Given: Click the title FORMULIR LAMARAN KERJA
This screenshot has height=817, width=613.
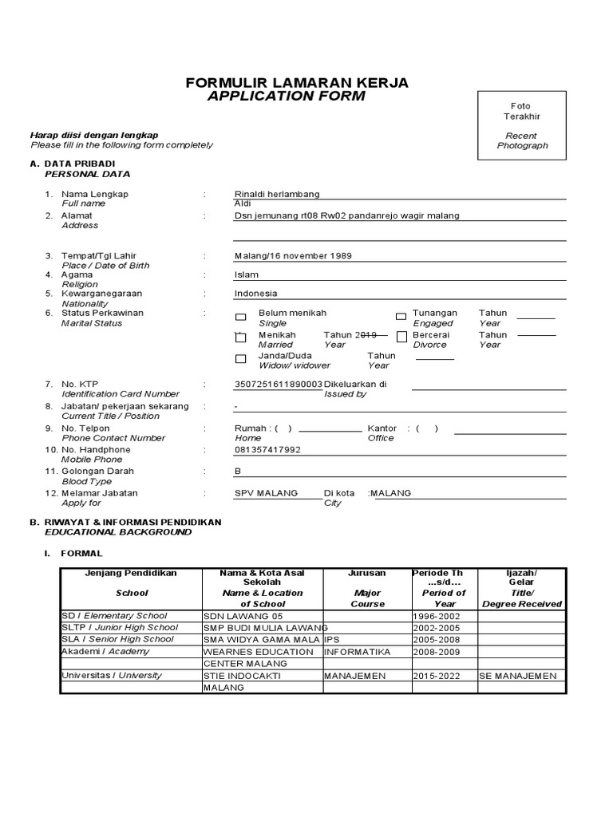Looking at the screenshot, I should point(297,83).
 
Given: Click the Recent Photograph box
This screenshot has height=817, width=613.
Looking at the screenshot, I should point(523,126).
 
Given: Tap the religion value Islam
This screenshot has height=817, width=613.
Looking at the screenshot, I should point(247,274).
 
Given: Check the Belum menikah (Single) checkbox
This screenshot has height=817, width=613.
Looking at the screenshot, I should point(241,318).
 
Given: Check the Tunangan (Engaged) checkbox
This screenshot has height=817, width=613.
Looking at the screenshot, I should point(401,318).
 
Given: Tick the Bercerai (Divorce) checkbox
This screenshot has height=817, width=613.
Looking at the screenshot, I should point(401,338).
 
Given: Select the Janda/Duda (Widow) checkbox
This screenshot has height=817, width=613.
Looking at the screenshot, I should point(241,359).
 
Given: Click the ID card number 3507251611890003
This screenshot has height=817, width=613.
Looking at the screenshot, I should point(279,384).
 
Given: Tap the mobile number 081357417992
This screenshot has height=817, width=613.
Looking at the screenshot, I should point(267,450).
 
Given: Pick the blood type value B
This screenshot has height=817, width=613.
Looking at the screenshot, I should point(237,471).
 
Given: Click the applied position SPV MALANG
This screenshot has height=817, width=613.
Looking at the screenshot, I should point(266,493).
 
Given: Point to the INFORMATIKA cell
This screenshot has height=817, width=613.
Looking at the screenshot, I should point(358,652).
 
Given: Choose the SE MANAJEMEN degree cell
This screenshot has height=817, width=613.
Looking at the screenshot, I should point(519,676).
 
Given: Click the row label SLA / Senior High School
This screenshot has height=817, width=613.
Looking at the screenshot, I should point(117,639).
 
